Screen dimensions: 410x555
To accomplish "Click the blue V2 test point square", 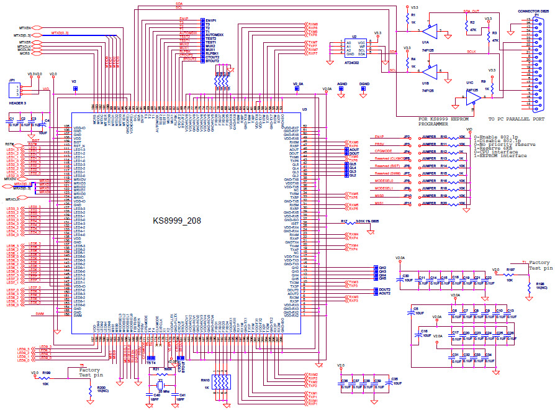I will click(x=75, y=89).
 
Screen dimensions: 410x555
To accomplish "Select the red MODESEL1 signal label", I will click(x=386, y=186).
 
